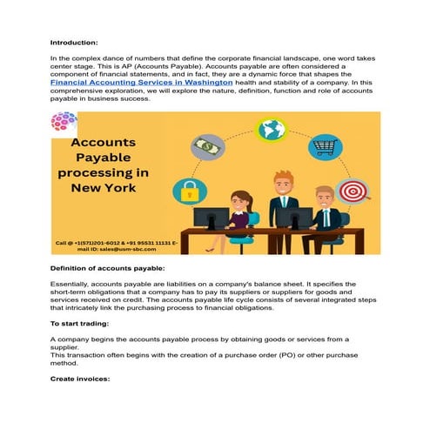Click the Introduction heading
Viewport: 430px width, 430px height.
coord(73,42)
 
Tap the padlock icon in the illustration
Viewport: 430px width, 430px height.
coord(188,189)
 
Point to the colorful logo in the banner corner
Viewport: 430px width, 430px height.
coord(64,122)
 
